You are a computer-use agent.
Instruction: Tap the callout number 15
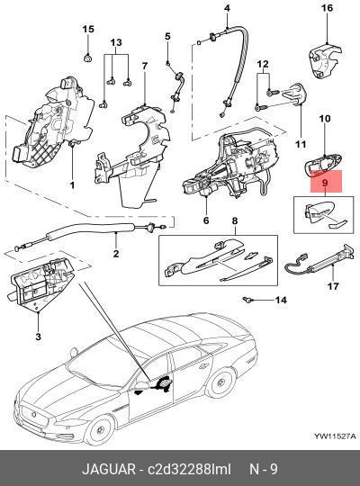(87, 30)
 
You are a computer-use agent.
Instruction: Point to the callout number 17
(333, 288)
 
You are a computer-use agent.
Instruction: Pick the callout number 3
(37, 336)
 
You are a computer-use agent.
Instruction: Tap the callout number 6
(205, 220)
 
